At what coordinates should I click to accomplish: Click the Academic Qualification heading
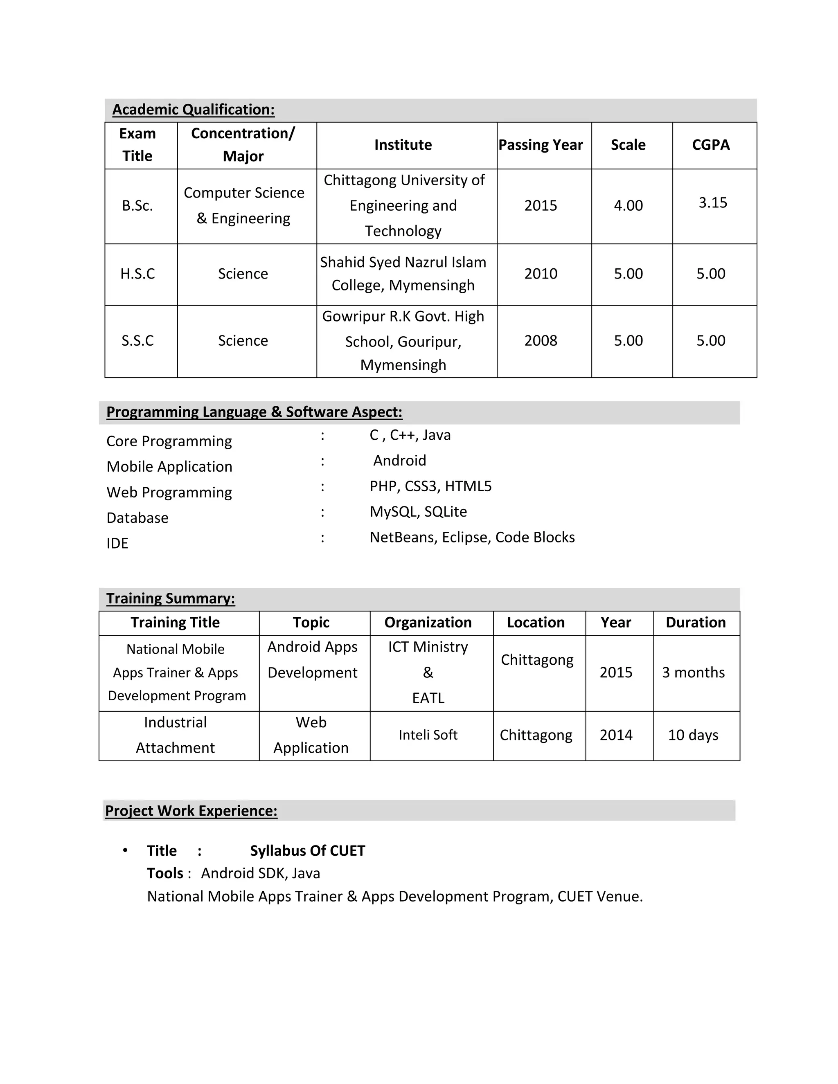tap(193, 109)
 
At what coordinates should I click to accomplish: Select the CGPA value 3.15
tap(712, 202)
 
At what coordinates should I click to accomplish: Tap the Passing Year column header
tap(540, 145)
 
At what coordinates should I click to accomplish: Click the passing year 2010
tap(541, 274)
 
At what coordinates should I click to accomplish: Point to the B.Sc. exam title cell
tap(137, 205)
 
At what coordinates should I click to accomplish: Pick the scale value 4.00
tap(628, 205)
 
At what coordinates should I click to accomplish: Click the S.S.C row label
tap(137, 340)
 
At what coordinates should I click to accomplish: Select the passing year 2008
tap(541, 340)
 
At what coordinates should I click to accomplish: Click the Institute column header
tap(403, 145)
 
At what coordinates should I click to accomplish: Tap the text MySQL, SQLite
tap(418, 511)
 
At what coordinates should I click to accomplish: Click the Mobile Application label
tap(169, 467)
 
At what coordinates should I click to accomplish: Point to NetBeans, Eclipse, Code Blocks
tap(472, 537)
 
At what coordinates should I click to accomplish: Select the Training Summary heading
tap(170, 598)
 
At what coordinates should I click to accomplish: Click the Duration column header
tap(695, 623)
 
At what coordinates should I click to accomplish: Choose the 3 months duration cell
tap(693, 672)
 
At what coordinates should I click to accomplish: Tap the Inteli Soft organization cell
tap(428, 735)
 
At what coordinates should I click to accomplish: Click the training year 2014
tap(615, 735)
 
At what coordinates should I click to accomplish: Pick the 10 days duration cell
tap(693, 735)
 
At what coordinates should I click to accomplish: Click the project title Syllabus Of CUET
tap(307, 851)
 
